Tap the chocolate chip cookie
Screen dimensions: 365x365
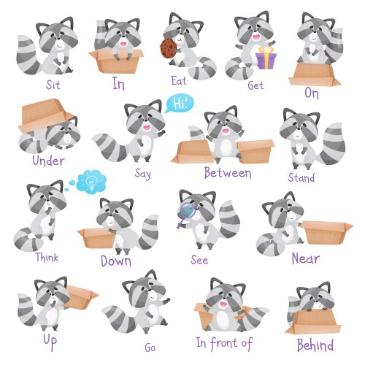coord(168,46)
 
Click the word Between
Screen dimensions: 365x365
coord(227,173)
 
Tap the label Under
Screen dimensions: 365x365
coord(48,161)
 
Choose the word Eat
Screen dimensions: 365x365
coord(179,80)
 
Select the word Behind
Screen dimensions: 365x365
coord(315,345)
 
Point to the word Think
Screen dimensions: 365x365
coord(47,257)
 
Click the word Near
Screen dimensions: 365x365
coord(305,258)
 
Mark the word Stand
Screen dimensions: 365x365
coord(301,177)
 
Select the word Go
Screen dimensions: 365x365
coord(150,347)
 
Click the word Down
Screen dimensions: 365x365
coord(116,261)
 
